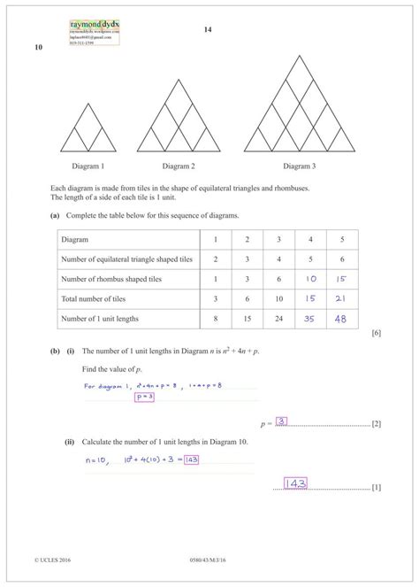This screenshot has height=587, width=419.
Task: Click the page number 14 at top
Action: coord(208,30)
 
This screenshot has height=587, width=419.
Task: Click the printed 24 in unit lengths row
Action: coord(278,317)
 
